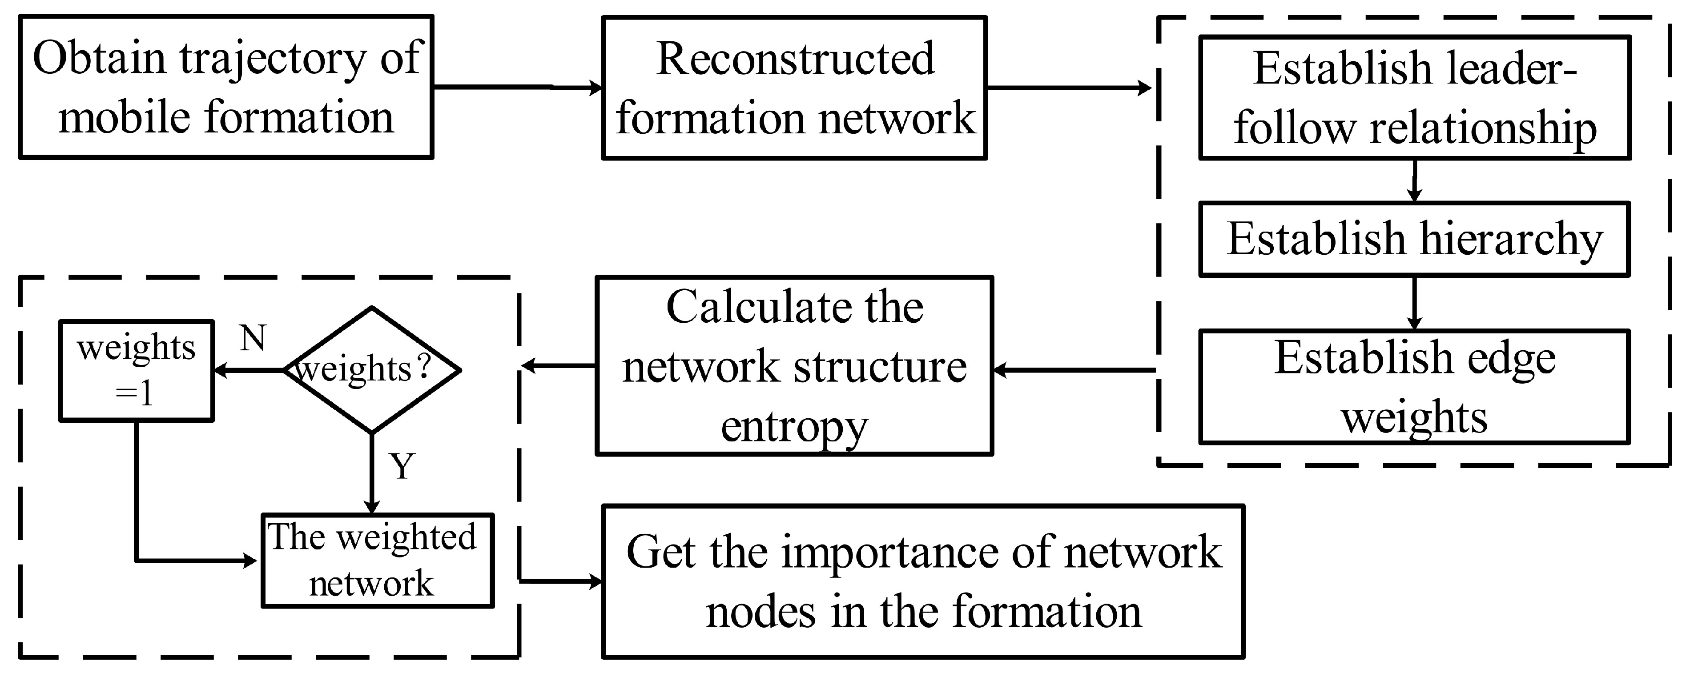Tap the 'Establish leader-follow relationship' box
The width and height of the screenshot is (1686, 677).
coord(1414,97)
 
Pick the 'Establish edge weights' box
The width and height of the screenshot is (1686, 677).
coord(1414,387)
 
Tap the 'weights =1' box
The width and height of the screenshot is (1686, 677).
coord(136,371)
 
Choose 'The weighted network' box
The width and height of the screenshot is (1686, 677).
coord(378,561)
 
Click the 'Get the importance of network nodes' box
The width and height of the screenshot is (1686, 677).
coord(923,581)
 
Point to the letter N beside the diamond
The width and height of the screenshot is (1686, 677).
coord(253,339)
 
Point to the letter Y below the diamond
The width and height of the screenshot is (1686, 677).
coord(402,466)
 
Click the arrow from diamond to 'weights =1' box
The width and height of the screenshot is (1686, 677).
coord(249,370)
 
